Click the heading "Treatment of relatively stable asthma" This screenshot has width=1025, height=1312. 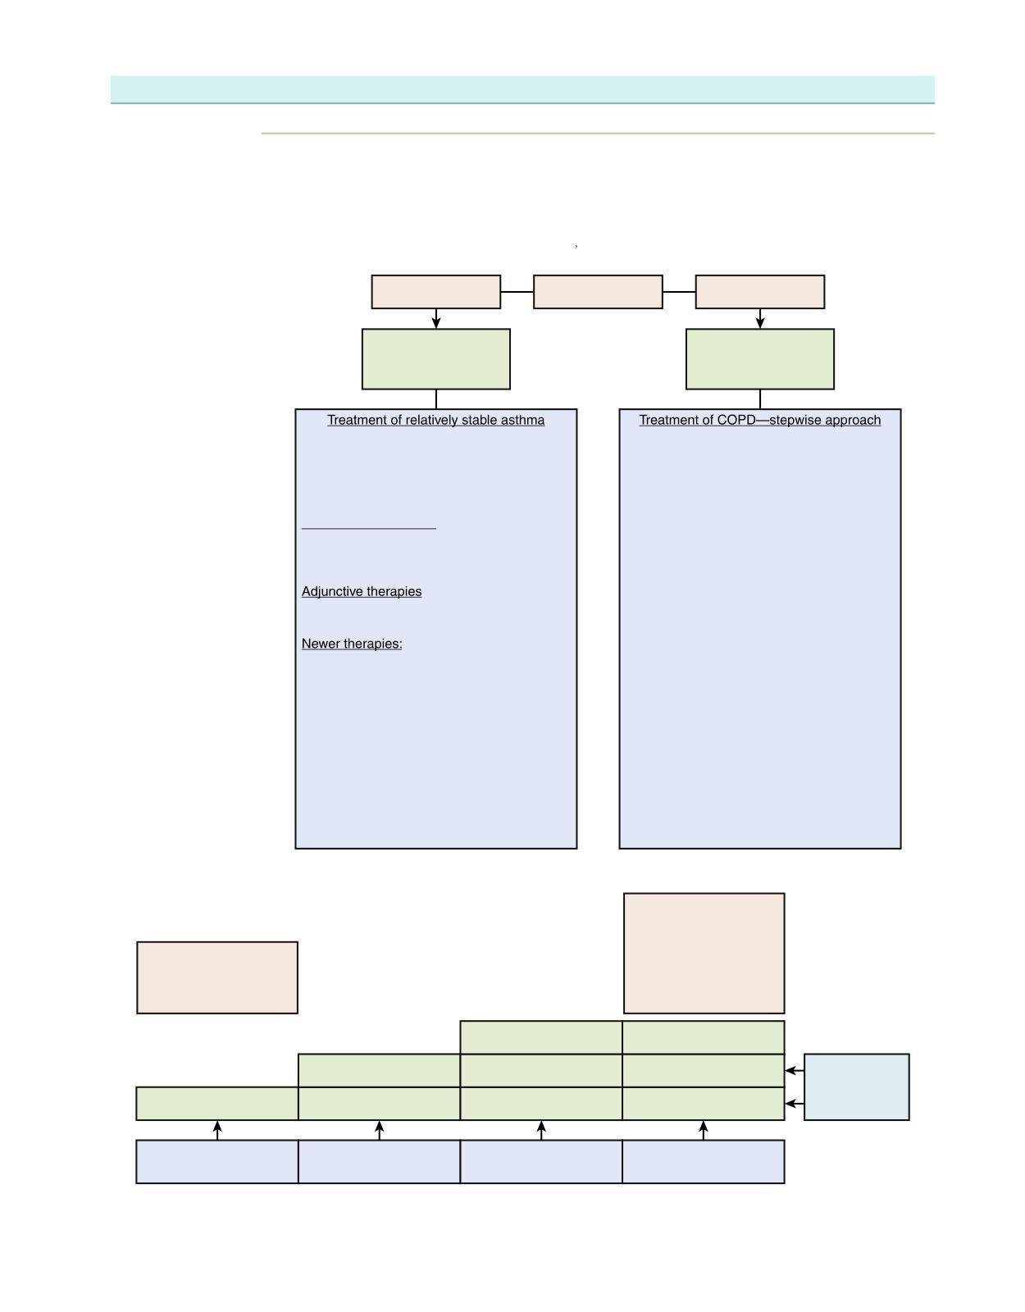pos(435,420)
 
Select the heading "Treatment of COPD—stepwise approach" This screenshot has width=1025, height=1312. pos(759,420)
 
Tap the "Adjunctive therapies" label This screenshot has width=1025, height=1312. pos(362,591)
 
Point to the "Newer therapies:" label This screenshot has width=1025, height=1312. pos(352,644)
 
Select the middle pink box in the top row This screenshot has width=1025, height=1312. pos(598,292)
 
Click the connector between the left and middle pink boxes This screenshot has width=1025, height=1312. pos(517,292)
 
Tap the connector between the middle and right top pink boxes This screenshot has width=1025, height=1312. pos(679,292)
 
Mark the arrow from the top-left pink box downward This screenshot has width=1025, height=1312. pos(436,318)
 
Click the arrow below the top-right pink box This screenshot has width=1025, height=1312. pos(760,318)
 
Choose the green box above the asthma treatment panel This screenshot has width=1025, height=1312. pos(436,359)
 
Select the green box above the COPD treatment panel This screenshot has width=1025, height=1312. pos(760,359)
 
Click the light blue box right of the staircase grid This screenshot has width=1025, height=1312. pos(856,1086)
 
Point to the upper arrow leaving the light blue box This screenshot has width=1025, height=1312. pos(794,1070)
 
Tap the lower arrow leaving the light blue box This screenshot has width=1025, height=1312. pos(794,1104)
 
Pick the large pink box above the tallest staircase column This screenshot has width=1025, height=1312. pos(704,953)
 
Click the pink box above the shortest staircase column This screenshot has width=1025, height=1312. pos(217,977)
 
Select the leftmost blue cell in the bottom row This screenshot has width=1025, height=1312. pos(217,1161)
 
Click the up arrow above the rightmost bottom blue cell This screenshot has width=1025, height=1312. pos(704,1130)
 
